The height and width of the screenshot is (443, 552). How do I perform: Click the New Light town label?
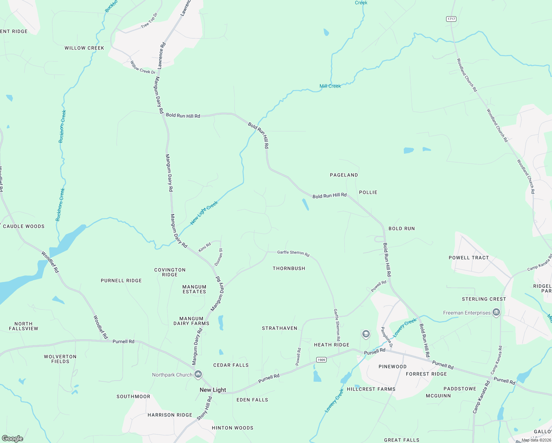tap(213, 390)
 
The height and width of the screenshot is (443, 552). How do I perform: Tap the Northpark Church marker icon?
tap(198, 375)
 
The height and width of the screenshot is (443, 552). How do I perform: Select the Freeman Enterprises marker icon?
tap(496, 313)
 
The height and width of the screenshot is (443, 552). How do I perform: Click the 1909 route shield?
tap(321, 360)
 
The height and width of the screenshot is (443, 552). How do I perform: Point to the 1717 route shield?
tap(451, 19)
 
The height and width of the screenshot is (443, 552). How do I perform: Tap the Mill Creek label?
tap(330, 86)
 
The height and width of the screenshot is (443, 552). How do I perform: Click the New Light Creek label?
tap(204, 213)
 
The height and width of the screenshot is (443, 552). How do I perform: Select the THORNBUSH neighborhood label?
tap(289, 268)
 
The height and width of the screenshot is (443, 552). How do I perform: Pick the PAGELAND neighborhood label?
tap(344, 175)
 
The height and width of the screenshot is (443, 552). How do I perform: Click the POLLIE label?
tap(368, 192)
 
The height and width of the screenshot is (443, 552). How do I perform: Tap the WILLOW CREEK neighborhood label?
tap(84, 48)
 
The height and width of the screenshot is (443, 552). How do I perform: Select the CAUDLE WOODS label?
tap(24, 226)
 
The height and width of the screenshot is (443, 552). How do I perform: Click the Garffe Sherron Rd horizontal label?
tap(293, 253)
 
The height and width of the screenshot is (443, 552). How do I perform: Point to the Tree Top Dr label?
tap(149, 20)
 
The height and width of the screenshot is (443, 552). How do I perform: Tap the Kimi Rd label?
tap(205, 247)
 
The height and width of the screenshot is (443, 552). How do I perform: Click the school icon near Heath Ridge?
tap(366, 334)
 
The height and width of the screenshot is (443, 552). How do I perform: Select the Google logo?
tap(13, 438)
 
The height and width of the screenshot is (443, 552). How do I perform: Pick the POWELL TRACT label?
tap(469, 258)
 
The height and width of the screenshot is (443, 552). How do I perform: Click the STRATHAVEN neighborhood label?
tap(279, 328)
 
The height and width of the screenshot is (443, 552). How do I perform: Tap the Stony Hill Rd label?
tap(205, 408)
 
